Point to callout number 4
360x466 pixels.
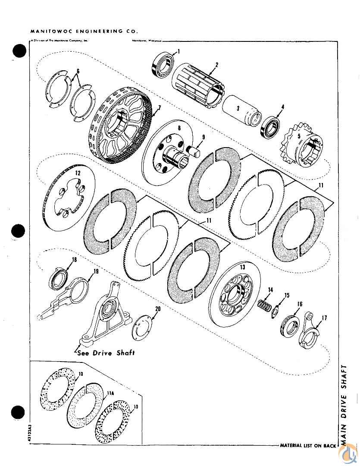[282, 106]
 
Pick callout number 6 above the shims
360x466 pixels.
[78, 71]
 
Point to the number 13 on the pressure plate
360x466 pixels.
[242, 268]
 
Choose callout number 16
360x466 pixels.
[299, 304]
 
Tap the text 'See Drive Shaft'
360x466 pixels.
[106, 353]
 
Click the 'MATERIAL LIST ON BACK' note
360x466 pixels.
[307, 445]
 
